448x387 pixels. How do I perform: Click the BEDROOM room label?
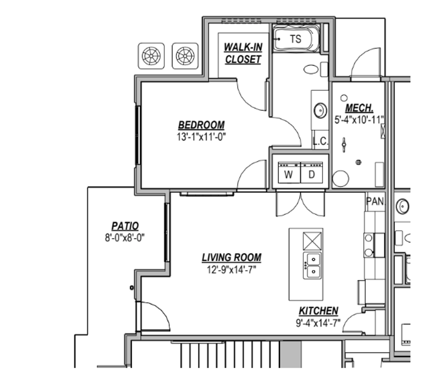click(201, 125)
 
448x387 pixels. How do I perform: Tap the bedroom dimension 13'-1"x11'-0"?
click(201, 137)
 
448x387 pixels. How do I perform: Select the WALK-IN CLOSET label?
click(243, 53)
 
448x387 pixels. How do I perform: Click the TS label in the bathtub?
click(296, 39)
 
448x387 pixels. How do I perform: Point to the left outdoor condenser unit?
click(151, 56)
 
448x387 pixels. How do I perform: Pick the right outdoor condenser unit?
click(185, 56)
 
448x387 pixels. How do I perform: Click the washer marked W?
click(289, 172)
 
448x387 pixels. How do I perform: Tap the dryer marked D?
click(312, 172)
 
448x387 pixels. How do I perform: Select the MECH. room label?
click(359, 108)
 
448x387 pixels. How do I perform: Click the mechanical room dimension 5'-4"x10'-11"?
click(359, 120)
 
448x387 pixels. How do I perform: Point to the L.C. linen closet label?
click(321, 141)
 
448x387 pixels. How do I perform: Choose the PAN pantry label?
click(375, 201)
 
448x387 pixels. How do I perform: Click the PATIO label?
click(125, 226)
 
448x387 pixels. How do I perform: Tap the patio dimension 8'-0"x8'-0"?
click(125, 238)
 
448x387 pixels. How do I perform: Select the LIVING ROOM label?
click(232, 258)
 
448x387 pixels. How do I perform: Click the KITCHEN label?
click(318, 311)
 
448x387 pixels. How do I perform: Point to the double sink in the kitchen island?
click(312, 266)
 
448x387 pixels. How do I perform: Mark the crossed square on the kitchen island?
click(312, 241)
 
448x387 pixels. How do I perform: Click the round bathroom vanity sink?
click(321, 110)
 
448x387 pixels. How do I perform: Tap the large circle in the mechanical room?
click(341, 178)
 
